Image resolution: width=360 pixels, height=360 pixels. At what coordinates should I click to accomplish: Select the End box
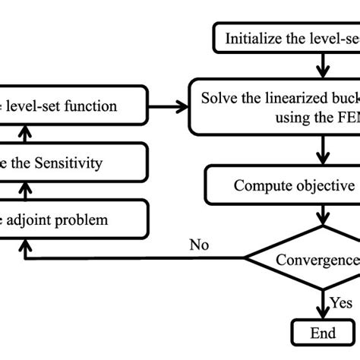323,332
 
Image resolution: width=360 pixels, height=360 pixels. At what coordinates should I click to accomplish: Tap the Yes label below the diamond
341,302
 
